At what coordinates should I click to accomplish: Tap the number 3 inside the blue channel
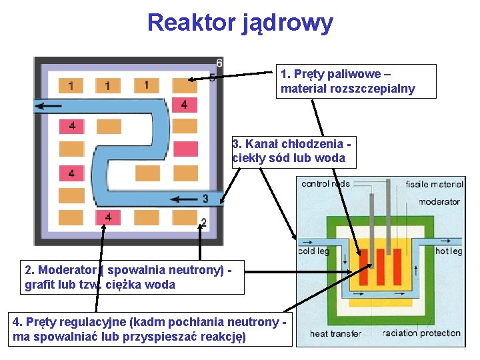205,198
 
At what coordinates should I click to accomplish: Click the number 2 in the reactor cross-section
203,221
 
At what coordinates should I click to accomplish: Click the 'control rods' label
326,183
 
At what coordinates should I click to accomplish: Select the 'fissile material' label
434,184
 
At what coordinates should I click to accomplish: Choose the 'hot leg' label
449,251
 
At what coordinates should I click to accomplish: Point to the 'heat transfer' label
335,333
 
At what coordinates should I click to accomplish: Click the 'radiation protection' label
421,333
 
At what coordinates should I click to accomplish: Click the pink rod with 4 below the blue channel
108,217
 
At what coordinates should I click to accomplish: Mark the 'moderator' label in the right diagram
439,201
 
